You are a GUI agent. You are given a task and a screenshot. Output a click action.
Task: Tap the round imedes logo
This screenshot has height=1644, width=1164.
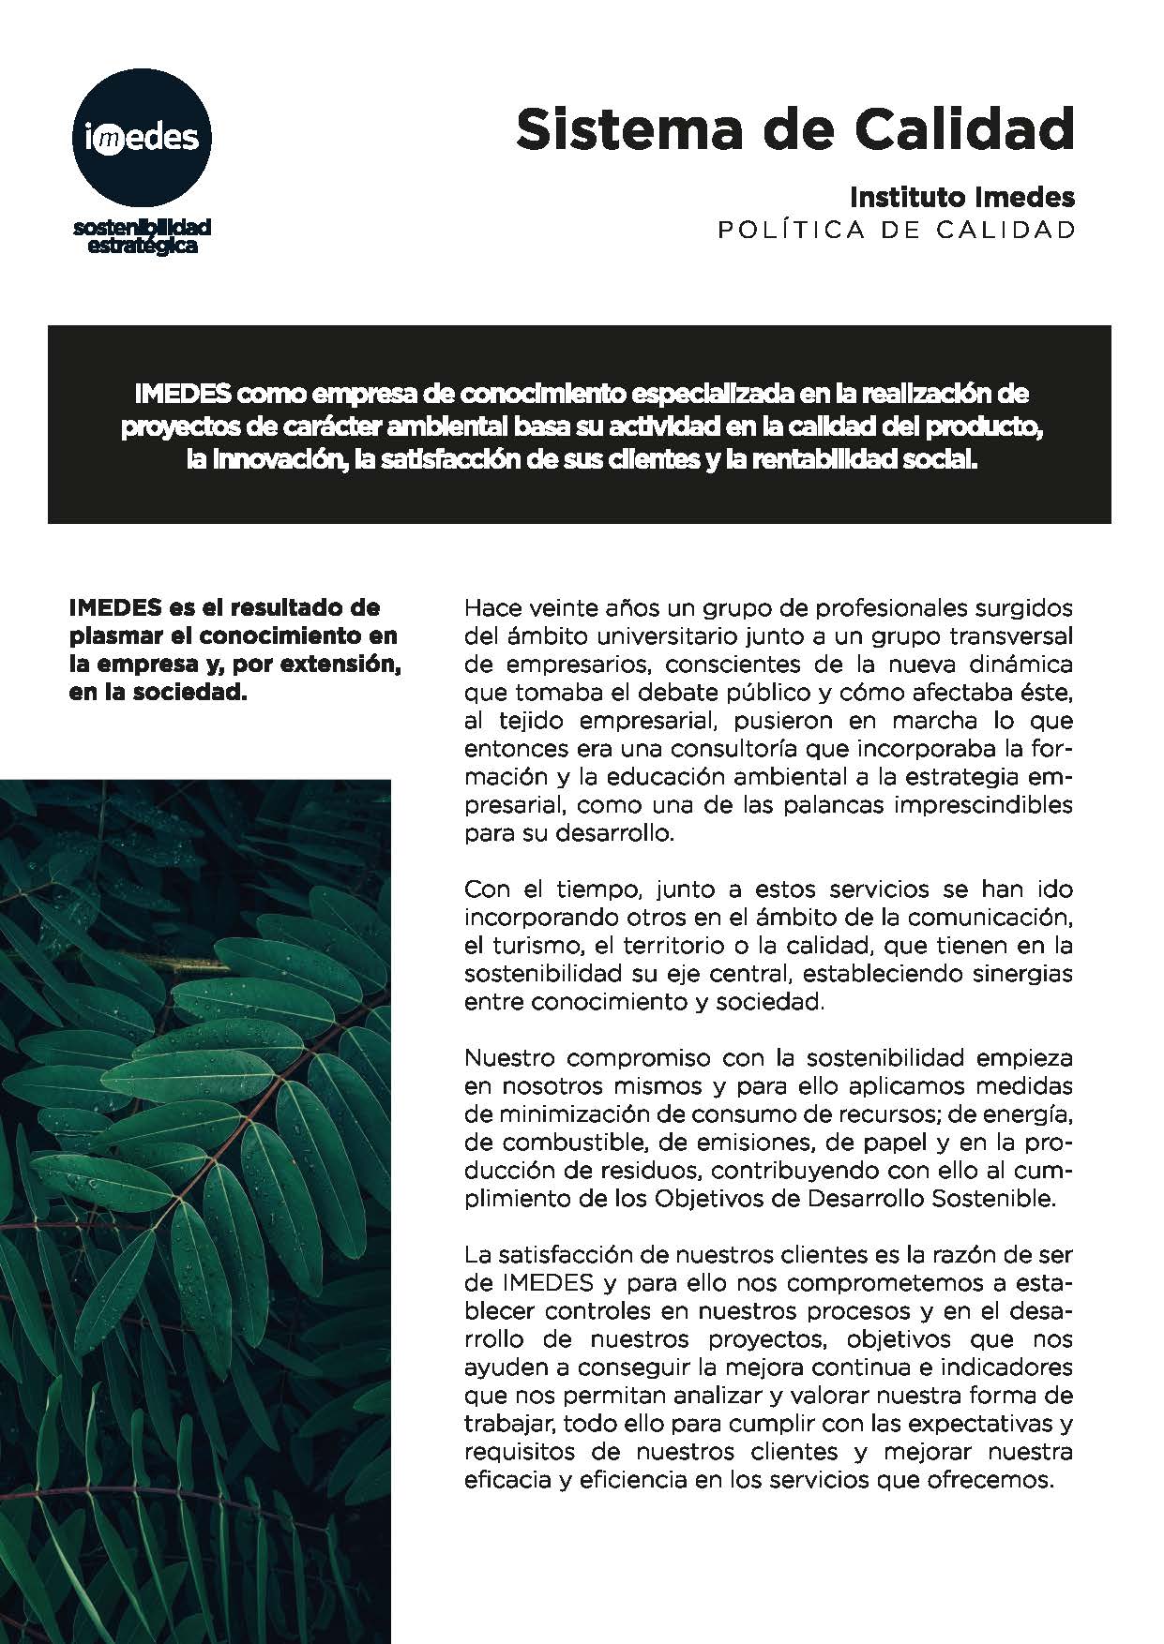coord(143,137)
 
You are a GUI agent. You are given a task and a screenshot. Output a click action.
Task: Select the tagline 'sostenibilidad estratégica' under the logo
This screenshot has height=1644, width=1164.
coord(143,236)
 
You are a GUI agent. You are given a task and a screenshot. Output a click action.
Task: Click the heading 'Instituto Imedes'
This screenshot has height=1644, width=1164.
coord(961,198)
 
